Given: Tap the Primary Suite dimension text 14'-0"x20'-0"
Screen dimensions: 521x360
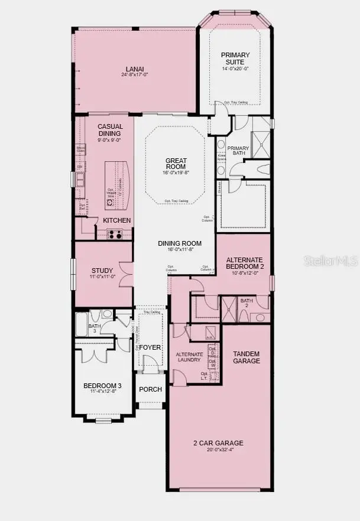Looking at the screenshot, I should pos(235,69).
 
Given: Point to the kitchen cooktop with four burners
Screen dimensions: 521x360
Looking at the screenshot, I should pos(116,234).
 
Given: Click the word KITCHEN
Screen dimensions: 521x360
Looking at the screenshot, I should pos(117,220).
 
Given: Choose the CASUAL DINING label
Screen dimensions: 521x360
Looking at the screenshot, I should pos(110,129).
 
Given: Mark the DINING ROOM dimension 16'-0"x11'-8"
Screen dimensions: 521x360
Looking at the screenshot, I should pos(180,250).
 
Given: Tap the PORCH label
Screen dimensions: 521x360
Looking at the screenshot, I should pos(150,389).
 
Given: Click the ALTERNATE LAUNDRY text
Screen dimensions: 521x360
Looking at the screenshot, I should pos(190,357).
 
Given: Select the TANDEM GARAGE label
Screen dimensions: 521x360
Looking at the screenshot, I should pos(246,357).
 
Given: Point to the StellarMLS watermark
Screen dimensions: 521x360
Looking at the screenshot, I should pos(330,260).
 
